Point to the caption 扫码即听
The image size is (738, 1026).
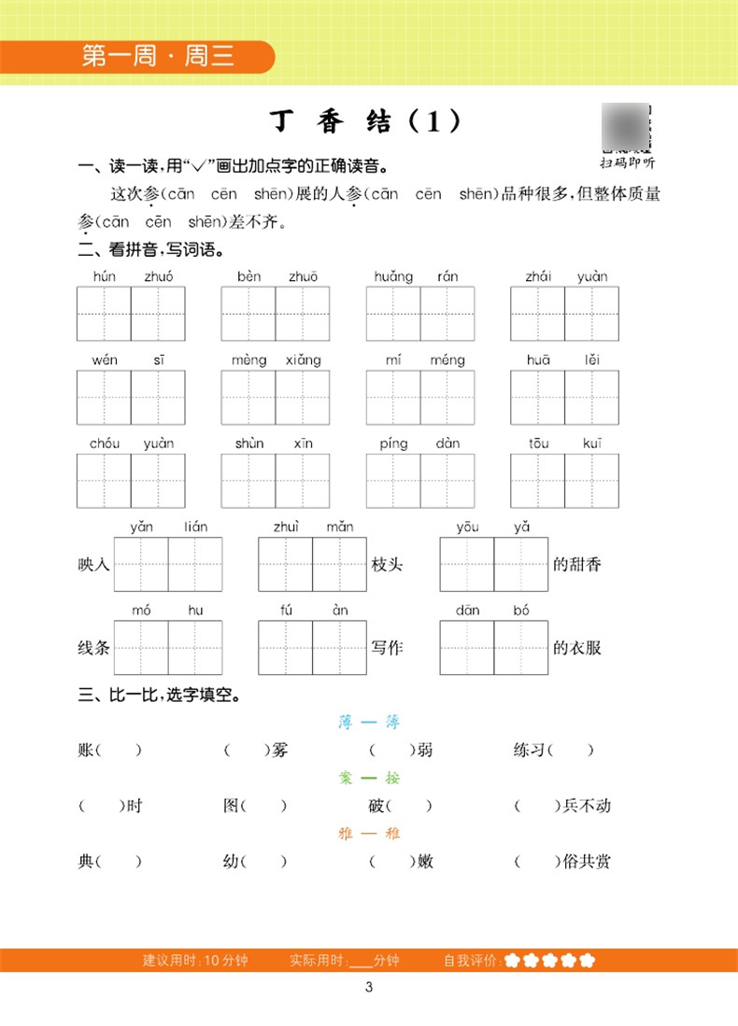tap(628, 162)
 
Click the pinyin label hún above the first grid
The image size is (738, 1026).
tap(105, 276)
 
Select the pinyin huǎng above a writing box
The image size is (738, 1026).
tap(393, 276)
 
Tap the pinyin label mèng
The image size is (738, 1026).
tap(249, 360)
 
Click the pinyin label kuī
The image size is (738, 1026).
tap(591, 443)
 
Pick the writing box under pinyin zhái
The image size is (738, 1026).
tap(537, 314)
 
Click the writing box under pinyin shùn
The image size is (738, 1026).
tap(248, 481)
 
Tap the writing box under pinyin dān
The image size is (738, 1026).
tap(467, 648)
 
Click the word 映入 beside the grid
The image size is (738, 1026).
tap(94, 564)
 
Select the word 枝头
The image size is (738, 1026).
tap(387, 564)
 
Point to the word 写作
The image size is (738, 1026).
tap(387, 647)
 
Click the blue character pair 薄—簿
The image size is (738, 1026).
tap(368, 723)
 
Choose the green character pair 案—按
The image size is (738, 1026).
tap(368, 778)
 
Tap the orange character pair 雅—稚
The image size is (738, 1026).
tap(368, 833)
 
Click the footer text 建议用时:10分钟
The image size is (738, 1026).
tap(195, 961)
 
